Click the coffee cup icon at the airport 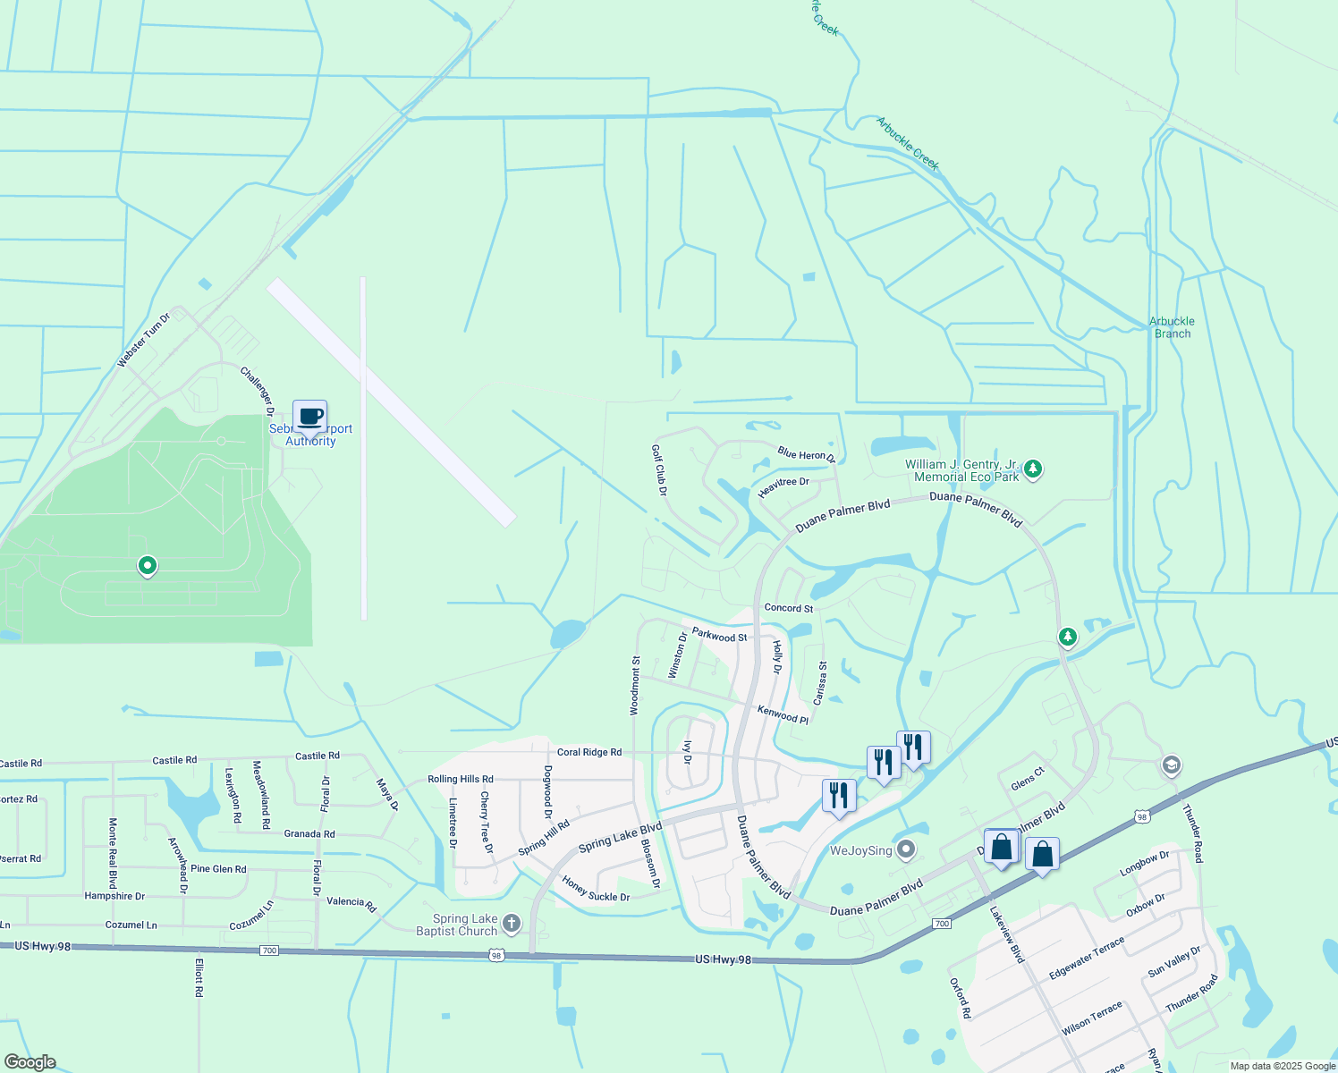310,417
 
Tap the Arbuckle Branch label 1172,327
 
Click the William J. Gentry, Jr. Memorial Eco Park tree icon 1033,469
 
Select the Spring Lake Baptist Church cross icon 511,923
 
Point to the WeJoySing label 860,850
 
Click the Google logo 30,1062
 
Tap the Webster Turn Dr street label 143,341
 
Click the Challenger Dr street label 257,391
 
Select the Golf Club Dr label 659,470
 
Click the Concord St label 788,608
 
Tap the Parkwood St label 719,636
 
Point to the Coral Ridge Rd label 589,752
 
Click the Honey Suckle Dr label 596,890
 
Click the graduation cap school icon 1171,765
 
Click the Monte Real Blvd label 113,852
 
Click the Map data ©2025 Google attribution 1283,1066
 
